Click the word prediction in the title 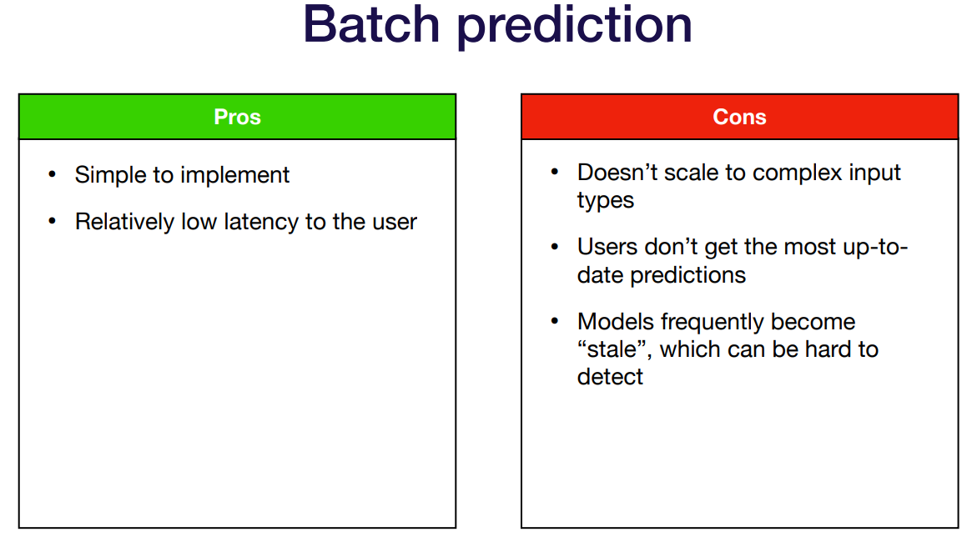pos(575,28)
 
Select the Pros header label pos(238,117)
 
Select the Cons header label pos(739,117)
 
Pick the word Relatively pos(124,223)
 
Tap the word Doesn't pos(617,173)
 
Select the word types pos(606,201)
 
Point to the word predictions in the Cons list pos(687,275)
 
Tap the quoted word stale pos(612,350)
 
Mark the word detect pos(610,377)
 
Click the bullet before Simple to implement pos(52,175)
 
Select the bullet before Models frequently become pos(555,322)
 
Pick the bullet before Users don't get pos(555,247)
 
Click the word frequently pos(713,323)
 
